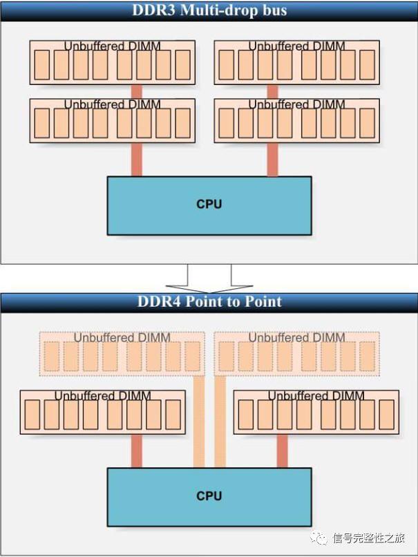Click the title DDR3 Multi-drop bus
pyautogui.click(x=209, y=10)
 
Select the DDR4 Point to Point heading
pyautogui.click(x=209, y=301)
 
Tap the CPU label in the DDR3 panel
pyautogui.click(x=209, y=205)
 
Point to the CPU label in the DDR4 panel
pyautogui.click(x=209, y=495)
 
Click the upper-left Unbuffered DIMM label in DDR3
pyautogui.click(x=112, y=46)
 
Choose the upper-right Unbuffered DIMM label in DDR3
pyautogui.click(x=296, y=46)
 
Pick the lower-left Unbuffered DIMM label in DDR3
pyautogui.click(x=112, y=104)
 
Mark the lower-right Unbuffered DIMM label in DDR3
pyautogui.click(x=296, y=104)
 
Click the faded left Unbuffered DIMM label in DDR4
pyautogui.click(x=122, y=338)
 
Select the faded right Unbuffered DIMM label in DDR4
pyautogui.click(x=296, y=338)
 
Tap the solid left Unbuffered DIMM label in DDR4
pyautogui.click(x=102, y=396)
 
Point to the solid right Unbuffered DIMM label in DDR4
pyautogui.click(x=316, y=396)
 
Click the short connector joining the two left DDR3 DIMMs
pyautogui.click(x=136, y=91)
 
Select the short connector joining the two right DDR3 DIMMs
pyautogui.click(x=272, y=91)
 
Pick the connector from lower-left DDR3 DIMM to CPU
pyautogui.click(x=136, y=160)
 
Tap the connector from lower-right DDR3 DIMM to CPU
pyautogui.click(x=272, y=160)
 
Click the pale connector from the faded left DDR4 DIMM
pyautogui.click(x=198, y=422)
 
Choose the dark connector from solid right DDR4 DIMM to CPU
pyautogui.click(x=282, y=451)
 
